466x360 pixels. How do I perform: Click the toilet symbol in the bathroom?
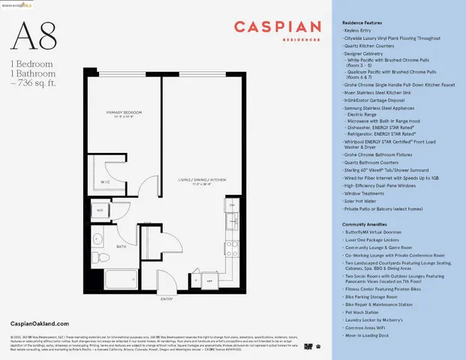coord(101,259)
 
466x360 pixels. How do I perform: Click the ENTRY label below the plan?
coord(166,298)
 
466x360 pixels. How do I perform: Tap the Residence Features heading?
coord(366,24)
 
